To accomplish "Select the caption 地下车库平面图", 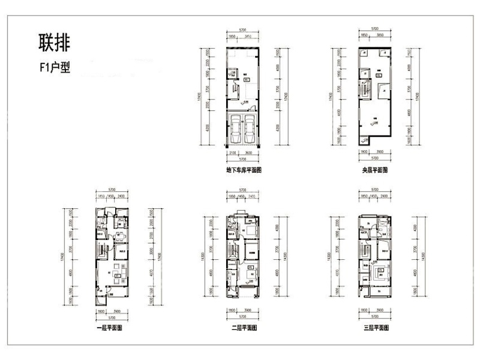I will coord(244,170).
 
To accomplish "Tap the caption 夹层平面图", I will coord(374,170).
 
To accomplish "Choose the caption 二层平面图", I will coord(243,328).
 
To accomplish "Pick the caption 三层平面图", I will coord(374,328).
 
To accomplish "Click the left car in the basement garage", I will coord(235,127).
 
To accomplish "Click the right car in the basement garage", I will coord(251,127).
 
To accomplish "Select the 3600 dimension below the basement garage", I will coord(249,154).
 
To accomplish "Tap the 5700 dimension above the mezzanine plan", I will coord(374,29).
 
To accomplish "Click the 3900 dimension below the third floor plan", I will coord(380,310).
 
